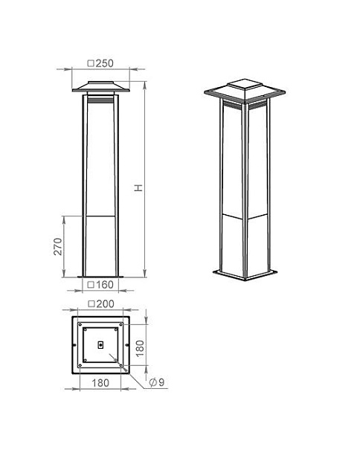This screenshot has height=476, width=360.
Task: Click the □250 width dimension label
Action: (100, 63)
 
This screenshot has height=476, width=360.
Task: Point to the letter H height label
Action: (138, 188)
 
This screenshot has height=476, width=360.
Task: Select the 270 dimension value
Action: (58, 246)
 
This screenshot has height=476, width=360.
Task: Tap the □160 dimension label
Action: (100, 285)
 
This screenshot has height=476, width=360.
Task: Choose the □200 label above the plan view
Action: (100, 304)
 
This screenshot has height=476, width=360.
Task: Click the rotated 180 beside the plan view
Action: (140, 348)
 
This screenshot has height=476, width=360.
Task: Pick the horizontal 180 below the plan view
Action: (100, 383)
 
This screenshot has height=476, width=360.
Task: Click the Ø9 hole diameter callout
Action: (157, 382)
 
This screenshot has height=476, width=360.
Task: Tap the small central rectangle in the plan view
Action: (100, 345)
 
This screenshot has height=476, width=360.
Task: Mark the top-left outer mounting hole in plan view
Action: (80, 324)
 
